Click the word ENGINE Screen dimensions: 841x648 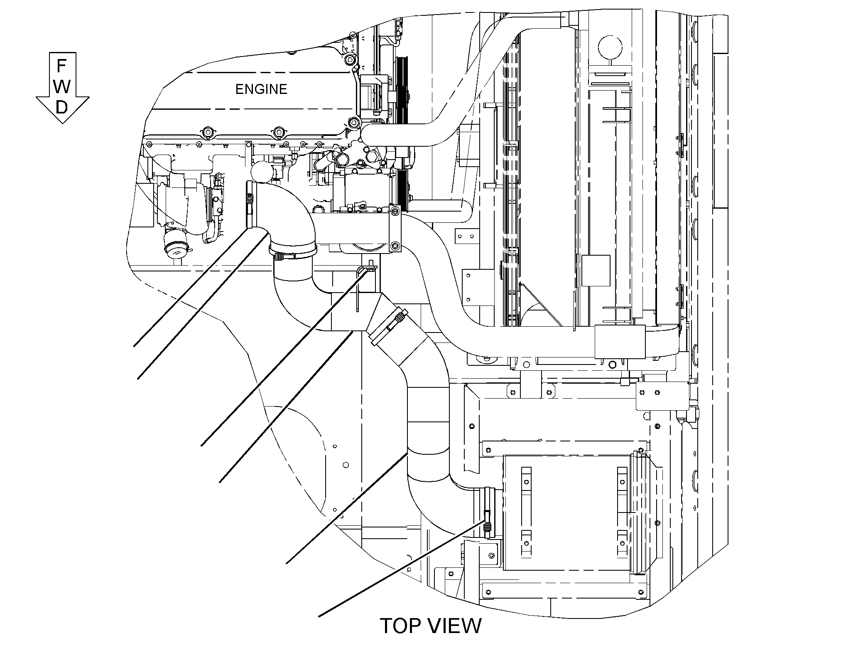261,89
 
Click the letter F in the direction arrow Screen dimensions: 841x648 61,66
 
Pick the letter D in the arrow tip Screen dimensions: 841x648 61,108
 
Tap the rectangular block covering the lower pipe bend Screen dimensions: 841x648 620,342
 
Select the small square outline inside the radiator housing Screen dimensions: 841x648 596,271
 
